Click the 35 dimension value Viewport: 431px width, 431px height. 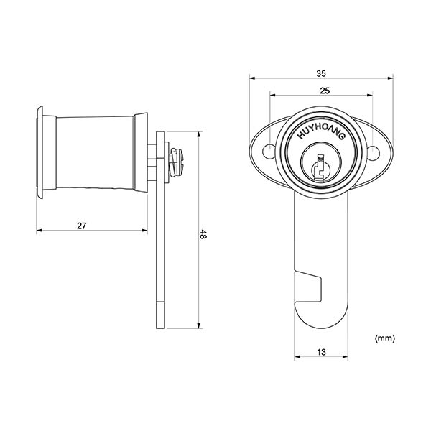pyautogui.click(x=321, y=74)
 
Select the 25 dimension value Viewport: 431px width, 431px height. pyautogui.click(x=325, y=91)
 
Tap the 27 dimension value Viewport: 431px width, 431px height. pyautogui.click(x=82, y=226)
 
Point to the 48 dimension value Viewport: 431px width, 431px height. pyautogui.click(x=203, y=234)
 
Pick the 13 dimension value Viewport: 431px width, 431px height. pyautogui.click(x=321, y=352)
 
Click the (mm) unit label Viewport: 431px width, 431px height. pyautogui.click(x=384, y=338)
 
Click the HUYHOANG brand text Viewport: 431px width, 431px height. pyautogui.click(x=321, y=133)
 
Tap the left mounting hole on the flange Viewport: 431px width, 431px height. pyautogui.click(x=268, y=152)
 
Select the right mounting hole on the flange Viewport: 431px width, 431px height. pyautogui.click(x=374, y=153)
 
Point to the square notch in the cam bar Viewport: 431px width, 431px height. pyautogui.click(x=308, y=287)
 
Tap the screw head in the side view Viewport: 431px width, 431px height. pyautogui.click(x=176, y=162)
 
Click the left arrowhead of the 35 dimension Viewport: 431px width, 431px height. pyautogui.click(x=252, y=78)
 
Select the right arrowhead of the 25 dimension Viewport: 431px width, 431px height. pyautogui.click(x=370, y=96)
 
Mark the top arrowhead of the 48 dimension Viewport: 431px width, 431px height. pyautogui.click(x=199, y=135)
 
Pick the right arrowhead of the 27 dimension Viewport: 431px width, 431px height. pyautogui.click(x=144, y=231)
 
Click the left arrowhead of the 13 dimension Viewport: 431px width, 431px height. pyautogui.click(x=297, y=357)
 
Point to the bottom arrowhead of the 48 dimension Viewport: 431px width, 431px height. pyautogui.click(x=199, y=325)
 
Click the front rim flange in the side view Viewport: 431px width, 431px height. pyautogui.click(x=40, y=152)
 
